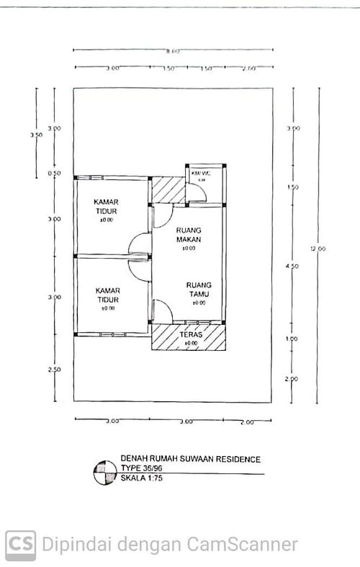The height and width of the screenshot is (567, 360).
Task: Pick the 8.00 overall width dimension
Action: click(172, 52)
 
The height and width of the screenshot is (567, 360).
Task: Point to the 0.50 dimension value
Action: click(55, 174)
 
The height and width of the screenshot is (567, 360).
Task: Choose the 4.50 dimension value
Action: click(292, 267)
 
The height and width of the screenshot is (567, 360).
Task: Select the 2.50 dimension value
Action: click(55, 369)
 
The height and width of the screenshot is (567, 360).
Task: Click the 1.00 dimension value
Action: click(292, 339)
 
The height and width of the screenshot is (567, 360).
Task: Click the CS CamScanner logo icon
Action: click(20, 543)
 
